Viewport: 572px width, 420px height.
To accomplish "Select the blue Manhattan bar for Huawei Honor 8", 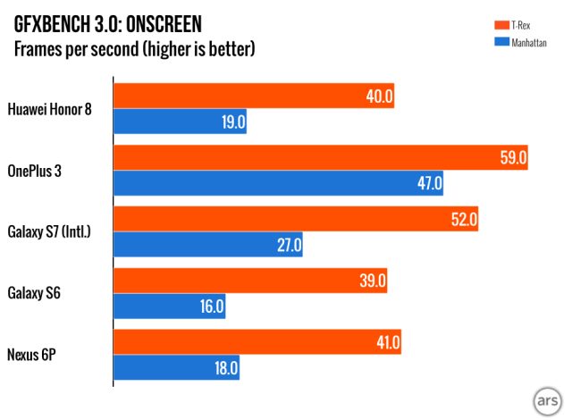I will pyautogui.click(x=180, y=122).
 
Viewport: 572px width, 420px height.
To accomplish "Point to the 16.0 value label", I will pyautogui.click(x=211, y=307).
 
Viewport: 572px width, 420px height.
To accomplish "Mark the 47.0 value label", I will pyautogui.click(x=429, y=184).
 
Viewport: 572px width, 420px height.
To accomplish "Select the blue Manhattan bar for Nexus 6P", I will pyautogui.click(x=176, y=366).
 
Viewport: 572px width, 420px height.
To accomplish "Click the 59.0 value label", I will pyautogui.click(x=514, y=158).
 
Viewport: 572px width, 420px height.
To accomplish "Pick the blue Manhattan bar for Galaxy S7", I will pyautogui.click(x=207, y=244).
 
